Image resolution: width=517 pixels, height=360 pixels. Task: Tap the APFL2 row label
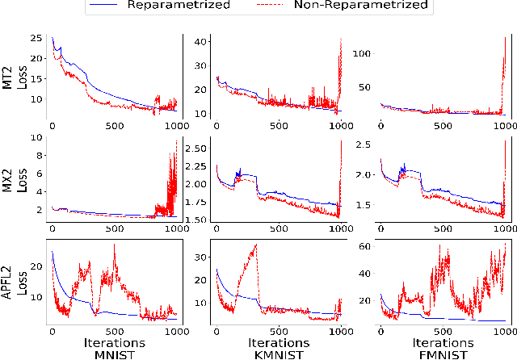(10, 283)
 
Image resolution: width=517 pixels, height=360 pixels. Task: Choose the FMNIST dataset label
(441, 354)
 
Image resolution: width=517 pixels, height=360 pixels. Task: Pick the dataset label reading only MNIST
(113, 354)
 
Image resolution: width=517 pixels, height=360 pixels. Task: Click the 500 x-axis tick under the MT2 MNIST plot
(114, 126)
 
